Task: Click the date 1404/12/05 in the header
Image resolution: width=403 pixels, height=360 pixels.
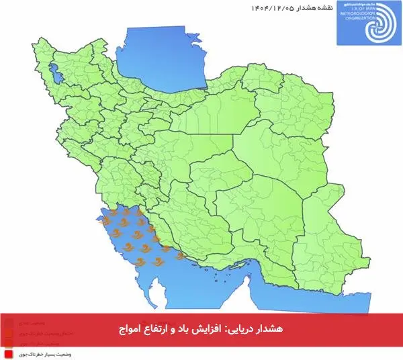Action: [x=275, y=8]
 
